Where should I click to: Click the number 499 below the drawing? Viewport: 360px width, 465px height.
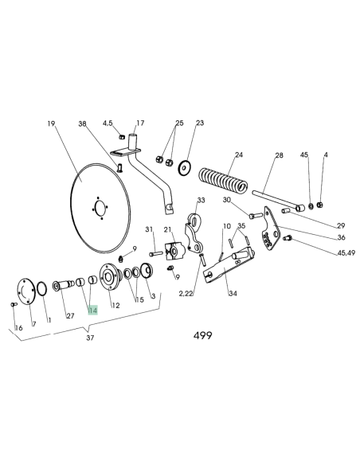coord(202,335)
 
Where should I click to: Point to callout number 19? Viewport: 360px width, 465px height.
coord(51,123)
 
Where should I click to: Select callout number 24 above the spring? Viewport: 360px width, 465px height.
coord(238,155)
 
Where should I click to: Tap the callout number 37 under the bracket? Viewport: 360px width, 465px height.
coord(89,338)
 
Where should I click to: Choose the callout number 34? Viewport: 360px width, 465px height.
coord(233,293)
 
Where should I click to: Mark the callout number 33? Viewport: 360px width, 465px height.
coord(201,200)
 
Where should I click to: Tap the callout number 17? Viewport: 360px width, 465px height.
coord(140,123)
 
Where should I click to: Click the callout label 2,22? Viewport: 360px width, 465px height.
coord(186,294)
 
